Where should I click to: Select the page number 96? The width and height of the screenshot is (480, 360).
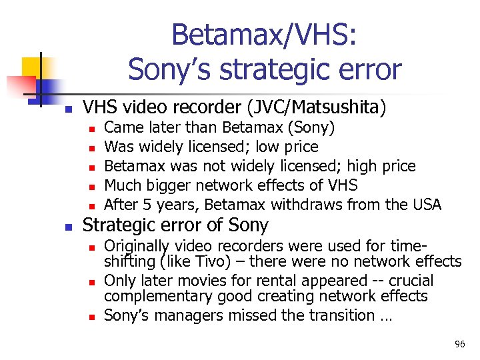459,344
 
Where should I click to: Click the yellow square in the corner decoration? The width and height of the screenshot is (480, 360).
32,67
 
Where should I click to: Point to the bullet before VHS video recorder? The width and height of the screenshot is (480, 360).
67,107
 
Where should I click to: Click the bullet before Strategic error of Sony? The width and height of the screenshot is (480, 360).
67,227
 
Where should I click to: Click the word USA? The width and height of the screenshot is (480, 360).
427,204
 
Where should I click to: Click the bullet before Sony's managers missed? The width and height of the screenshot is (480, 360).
91,316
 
